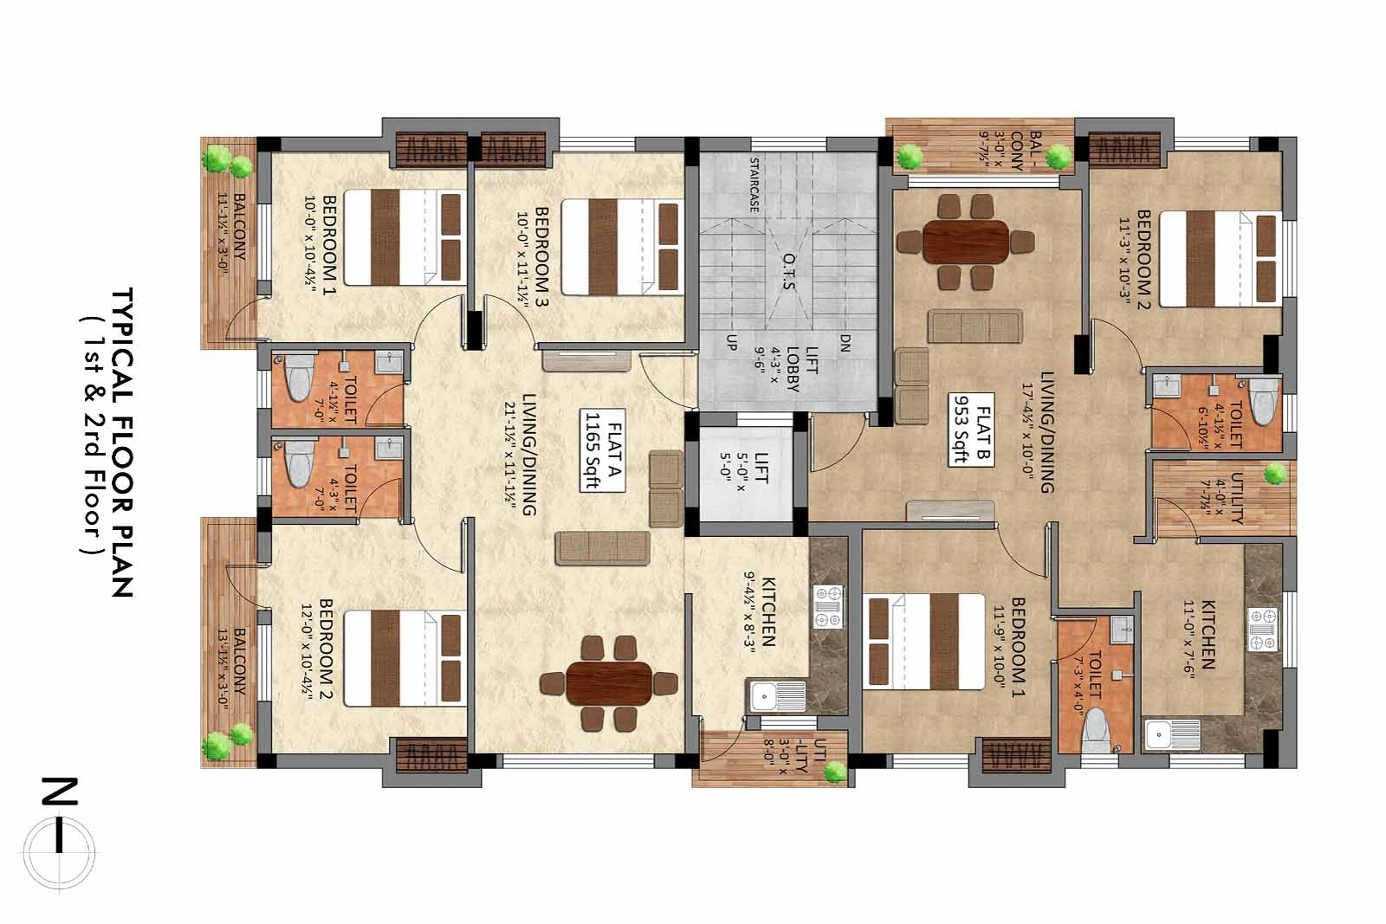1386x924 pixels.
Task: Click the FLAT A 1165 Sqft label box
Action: point(602,450)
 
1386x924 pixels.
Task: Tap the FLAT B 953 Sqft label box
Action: point(971,430)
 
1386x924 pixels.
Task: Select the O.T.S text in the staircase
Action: point(789,271)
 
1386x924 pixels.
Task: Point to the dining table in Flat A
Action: point(609,683)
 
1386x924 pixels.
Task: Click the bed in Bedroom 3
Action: point(622,247)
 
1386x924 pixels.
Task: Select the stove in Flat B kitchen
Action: point(1263,630)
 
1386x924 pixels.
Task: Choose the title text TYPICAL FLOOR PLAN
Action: point(122,443)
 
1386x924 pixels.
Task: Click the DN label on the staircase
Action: point(845,343)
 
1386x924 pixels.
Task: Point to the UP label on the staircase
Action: point(731,343)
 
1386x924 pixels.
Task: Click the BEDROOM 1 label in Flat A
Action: point(329,245)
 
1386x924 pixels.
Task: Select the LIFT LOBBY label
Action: point(802,369)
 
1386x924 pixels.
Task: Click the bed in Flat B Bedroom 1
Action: point(923,642)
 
